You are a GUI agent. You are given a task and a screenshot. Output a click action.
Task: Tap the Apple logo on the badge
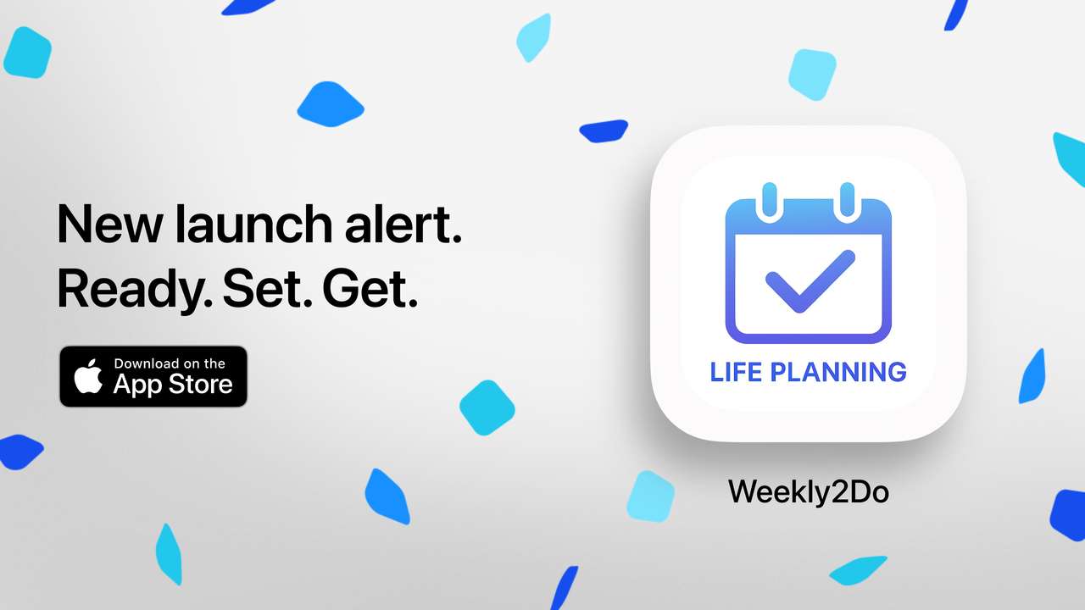(x=88, y=376)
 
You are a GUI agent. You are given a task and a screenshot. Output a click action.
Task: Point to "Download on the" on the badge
(x=170, y=363)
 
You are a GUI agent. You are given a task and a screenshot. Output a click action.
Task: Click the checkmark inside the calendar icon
(x=809, y=281)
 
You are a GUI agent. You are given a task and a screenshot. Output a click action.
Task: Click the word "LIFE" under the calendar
(x=736, y=372)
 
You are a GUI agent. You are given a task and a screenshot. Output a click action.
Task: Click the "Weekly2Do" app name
(x=808, y=492)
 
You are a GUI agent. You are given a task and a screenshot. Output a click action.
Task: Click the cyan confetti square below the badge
(x=487, y=408)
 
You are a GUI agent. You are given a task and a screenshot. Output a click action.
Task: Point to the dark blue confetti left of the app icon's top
(x=604, y=130)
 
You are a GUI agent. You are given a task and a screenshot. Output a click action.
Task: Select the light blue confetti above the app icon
(x=812, y=74)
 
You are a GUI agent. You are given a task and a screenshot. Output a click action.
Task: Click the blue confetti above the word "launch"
(x=331, y=103)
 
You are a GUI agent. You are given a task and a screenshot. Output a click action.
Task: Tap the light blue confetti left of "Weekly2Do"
(x=650, y=496)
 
